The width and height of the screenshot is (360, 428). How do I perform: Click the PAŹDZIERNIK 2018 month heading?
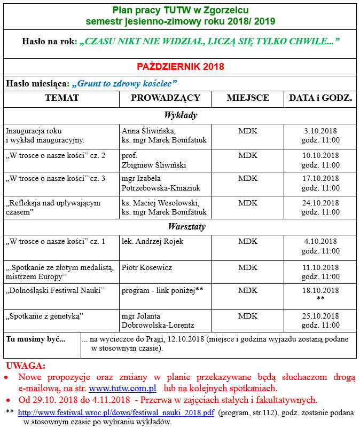(180, 67)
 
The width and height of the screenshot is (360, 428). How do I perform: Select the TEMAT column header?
(62, 98)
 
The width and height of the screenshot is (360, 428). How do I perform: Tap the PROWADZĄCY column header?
(166, 98)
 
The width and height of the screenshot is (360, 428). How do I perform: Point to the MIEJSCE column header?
(247, 98)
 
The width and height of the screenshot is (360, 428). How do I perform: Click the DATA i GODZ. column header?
(320, 98)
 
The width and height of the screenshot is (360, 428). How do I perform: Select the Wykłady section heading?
(180, 115)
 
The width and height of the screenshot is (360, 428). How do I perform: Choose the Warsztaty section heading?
(180, 227)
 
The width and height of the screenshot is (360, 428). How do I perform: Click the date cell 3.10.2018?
(320, 131)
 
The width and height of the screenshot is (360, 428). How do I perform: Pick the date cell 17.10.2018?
(320, 179)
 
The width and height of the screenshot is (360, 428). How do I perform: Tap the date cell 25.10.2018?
(320, 316)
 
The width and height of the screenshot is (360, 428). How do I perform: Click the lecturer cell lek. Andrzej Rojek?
(152, 242)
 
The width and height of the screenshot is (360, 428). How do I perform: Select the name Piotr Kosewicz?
(147, 267)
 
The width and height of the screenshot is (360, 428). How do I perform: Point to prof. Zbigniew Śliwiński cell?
(154, 160)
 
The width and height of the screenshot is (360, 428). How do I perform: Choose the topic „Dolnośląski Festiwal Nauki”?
(54, 290)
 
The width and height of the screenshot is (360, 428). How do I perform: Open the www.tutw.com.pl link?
(122, 389)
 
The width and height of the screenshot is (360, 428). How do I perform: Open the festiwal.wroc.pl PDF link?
(116, 413)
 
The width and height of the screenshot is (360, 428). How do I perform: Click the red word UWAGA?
(26, 366)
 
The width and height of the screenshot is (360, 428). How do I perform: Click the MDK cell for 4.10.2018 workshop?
(247, 242)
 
